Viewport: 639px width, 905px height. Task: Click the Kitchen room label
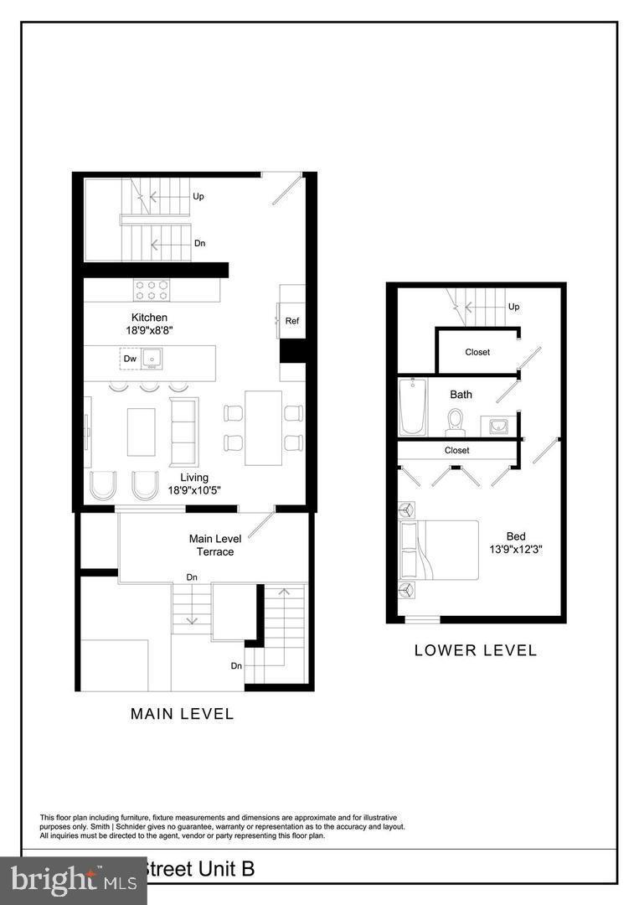pyautogui.click(x=149, y=318)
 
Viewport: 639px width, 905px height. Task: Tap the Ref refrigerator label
pyautogui.click(x=292, y=321)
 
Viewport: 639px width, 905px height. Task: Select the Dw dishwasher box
pyautogui.click(x=130, y=359)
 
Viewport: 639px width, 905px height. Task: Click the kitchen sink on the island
pyautogui.click(x=152, y=359)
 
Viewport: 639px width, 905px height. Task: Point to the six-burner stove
pyautogui.click(x=151, y=290)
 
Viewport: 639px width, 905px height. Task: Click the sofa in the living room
pyautogui.click(x=184, y=432)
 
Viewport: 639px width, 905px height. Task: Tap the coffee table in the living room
pyautogui.click(x=141, y=432)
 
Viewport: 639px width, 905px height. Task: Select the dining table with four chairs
pyautogui.click(x=263, y=427)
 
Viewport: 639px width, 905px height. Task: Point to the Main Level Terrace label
pyautogui.click(x=215, y=546)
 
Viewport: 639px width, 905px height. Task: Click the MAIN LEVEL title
pyautogui.click(x=182, y=714)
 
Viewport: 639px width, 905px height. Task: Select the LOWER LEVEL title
pyautogui.click(x=475, y=650)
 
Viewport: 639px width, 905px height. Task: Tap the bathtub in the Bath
pyautogui.click(x=412, y=407)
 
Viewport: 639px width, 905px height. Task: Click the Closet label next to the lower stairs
pyautogui.click(x=477, y=352)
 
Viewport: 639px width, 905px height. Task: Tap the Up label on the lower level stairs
pyautogui.click(x=514, y=307)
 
